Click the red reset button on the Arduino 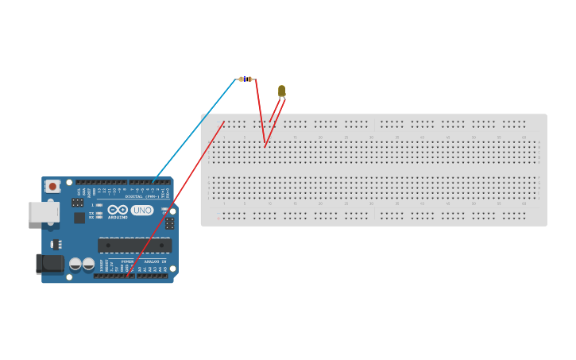click(x=52, y=186)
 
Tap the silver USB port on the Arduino click(x=44, y=211)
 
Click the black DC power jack click(x=50, y=263)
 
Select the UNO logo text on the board click(x=142, y=211)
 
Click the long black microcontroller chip click(x=134, y=246)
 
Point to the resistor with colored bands click(x=245, y=79)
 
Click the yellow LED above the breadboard click(x=281, y=91)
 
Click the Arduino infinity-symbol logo click(x=118, y=210)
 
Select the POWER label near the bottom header click(x=127, y=261)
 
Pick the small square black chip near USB click(x=79, y=218)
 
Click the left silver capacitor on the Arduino click(x=75, y=264)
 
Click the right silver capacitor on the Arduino click(x=88, y=264)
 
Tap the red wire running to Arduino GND click(x=175, y=199)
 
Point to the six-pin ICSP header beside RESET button click(x=77, y=203)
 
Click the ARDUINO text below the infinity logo click(x=118, y=217)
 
